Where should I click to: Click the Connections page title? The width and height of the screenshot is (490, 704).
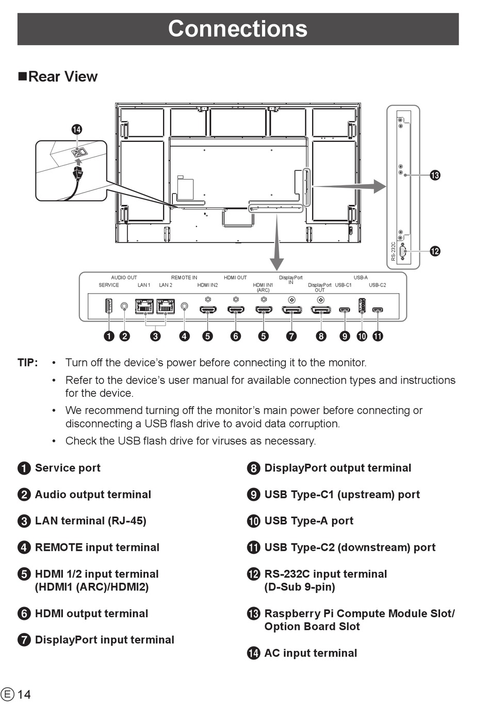(x=238, y=28)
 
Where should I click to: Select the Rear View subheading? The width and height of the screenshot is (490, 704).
(x=58, y=76)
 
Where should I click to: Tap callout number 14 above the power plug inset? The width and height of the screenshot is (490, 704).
(x=77, y=130)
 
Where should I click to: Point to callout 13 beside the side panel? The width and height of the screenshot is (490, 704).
(x=435, y=175)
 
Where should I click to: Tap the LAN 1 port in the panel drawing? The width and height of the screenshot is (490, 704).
(x=144, y=306)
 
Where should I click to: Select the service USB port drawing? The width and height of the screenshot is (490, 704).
(x=109, y=306)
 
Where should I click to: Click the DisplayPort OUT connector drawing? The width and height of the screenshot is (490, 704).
(x=321, y=310)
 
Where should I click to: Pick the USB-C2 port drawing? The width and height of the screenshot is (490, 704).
(x=378, y=310)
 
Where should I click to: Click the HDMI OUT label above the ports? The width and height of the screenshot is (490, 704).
(x=235, y=278)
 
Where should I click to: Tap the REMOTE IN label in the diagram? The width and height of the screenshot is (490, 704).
(x=184, y=278)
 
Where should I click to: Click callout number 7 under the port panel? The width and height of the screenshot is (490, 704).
(x=291, y=336)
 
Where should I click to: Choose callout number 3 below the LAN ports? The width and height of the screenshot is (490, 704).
(x=155, y=336)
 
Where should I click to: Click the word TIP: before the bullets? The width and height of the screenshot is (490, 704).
(x=28, y=363)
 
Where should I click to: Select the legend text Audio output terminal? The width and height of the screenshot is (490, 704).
(x=93, y=494)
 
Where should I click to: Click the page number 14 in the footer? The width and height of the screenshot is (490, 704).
(x=24, y=694)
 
